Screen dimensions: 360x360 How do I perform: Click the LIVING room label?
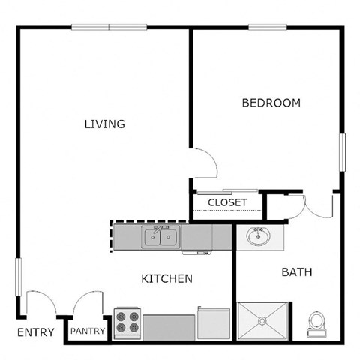[x=104, y=124]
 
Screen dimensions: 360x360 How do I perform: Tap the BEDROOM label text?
[x=271, y=103]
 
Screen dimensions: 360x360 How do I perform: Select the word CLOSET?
[x=227, y=202]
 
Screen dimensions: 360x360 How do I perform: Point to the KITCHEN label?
[x=167, y=278]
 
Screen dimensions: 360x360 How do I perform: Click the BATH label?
[x=296, y=271]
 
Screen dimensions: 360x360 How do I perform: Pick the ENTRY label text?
[x=35, y=332]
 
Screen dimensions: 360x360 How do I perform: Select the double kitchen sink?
[x=162, y=238]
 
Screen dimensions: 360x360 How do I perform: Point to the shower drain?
[x=262, y=321]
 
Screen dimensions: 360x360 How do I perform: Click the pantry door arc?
[x=88, y=305]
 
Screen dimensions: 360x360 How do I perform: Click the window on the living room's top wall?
[x=109, y=28]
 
